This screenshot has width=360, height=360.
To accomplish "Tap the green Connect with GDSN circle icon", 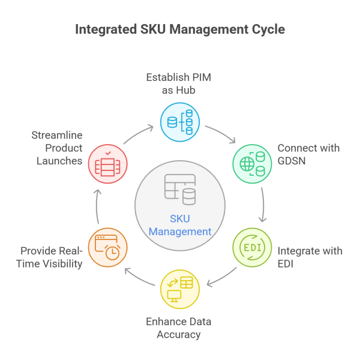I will pyautogui.click(x=252, y=163).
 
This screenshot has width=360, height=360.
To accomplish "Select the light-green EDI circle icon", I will pyautogui.click(x=252, y=247).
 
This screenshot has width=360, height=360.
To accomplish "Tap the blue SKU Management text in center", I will pyautogui.click(x=180, y=226).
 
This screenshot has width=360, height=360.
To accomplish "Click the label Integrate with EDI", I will pyautogui.click(x=310, y=256).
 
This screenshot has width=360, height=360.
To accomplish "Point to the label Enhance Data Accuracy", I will pyautogui.click(x=179, y=328).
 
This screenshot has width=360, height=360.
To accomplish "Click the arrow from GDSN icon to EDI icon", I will pyautogui.click(x=262, y=205).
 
